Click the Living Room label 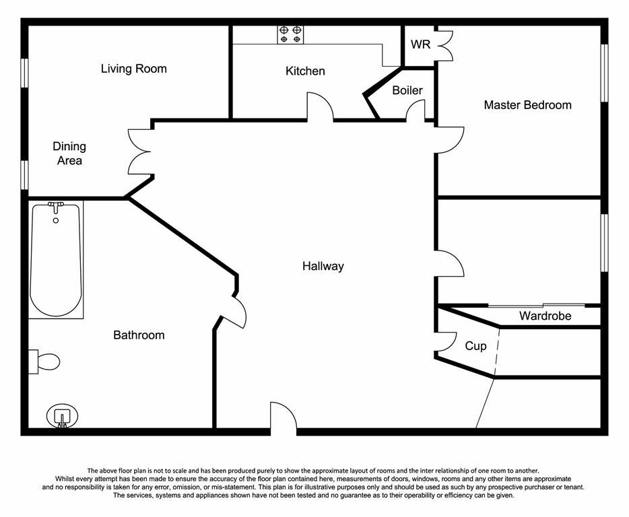coord(133,69)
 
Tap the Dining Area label coord(69,153)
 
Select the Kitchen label coord(305,71)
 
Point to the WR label coord(420,45)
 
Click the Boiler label coord(407,90)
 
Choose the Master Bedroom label coord(527,105)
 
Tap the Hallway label coord(323,267)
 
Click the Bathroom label coord(139,335)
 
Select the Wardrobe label coord(545,316)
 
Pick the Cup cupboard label coord(475,346)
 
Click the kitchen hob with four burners coord(290,34)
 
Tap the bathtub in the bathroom coord(56,260)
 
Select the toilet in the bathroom coord(44,361)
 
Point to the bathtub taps coord(56,205)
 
